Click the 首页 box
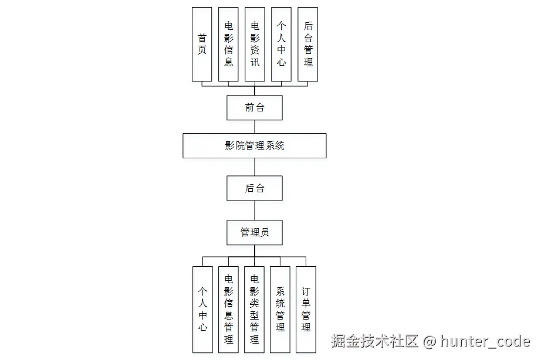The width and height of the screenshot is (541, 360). click(202, 45)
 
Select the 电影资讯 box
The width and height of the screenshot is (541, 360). click(255, 45)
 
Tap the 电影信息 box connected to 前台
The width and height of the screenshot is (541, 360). click(228, 45)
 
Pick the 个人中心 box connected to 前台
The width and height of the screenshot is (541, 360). click(281, 45)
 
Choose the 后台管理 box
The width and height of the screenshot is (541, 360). click(308, 45)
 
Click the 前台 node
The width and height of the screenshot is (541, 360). click(255, 108)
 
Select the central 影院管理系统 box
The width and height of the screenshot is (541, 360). click(254, 145)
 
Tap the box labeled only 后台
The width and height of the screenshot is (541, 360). click(255, 188)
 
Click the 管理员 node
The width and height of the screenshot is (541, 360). click(255, 232)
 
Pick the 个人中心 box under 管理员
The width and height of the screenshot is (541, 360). click(202, 310)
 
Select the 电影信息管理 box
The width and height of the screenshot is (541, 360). click(228, 310)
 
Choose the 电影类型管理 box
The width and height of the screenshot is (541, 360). click(254, 310)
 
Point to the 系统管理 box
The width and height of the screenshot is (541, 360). click(280, 310)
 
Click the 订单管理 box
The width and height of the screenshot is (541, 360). click(306, 310)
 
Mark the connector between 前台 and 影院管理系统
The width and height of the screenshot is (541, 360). click(255, 127)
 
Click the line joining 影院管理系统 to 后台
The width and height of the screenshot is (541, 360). click(255, 167)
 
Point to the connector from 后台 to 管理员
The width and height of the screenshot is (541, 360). click(255, 210)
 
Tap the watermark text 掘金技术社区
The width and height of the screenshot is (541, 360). click(374, 341)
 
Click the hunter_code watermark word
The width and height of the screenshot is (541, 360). click(485, 341)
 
